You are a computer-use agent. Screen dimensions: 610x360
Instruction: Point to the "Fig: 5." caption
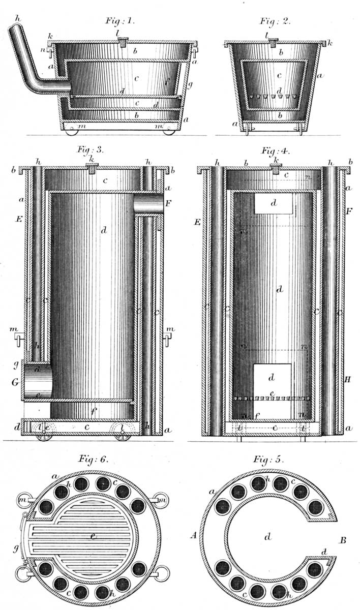click(x=268, y=460)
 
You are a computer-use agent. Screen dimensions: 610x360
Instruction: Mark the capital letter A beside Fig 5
click(x=193, y=535)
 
